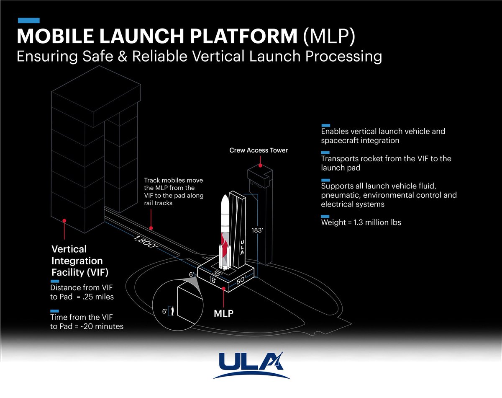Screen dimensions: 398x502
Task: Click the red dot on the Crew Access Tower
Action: point(261,166)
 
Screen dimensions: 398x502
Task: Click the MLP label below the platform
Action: point(224,313)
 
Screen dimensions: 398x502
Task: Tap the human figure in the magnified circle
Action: point(172,310)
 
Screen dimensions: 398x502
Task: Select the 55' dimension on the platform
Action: point(216,273)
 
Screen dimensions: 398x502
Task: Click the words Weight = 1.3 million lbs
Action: point(361,222)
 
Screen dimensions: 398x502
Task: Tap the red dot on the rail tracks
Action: point(151,228)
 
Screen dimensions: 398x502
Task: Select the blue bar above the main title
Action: point(28,20)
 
